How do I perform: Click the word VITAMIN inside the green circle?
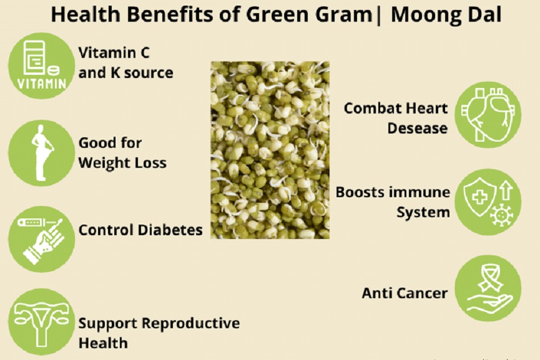[42, 84]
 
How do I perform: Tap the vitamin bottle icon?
[35, 58]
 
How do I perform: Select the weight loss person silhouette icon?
[42, 152]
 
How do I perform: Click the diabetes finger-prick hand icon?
[41, 240]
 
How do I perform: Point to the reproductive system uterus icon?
[41, 323]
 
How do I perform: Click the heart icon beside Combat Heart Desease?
[488, 115]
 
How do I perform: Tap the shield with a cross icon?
[479, 197]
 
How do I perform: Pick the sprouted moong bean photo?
[270, 150]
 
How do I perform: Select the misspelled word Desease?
[418, 129]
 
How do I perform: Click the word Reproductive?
[190, 324]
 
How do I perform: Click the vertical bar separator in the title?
[379, 16]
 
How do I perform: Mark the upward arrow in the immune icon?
[506, 191]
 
